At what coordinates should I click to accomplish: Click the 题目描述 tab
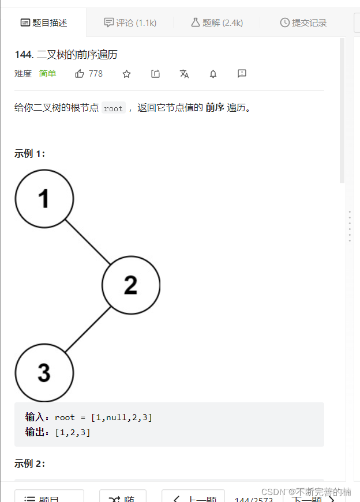tap(44, 23)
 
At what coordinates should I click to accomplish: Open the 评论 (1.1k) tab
tap(130, 23)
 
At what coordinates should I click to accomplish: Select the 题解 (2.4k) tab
tap(217, 23)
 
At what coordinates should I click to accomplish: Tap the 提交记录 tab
tap(303, 23)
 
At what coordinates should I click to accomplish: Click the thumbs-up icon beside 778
tap(80, 74)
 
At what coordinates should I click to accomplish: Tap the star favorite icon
tap(127, 74)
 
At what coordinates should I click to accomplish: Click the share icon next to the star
tap(156, 74)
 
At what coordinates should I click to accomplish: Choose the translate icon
tap(185, 74)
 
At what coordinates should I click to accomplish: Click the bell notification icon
tap(213, 74)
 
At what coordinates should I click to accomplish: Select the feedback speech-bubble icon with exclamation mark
tap(242, 74)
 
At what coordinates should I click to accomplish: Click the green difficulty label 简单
tap(47, 74)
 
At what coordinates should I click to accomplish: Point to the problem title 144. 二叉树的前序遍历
tap(66, 55)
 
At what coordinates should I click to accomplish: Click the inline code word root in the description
tap(113, 108)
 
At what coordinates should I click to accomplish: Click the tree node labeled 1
tap(44, 199)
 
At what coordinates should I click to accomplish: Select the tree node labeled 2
tap(131, 285)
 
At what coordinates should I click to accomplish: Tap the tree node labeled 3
tap(44, 372)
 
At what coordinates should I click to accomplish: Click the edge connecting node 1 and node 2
tap(88, 242)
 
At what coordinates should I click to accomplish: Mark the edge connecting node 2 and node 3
tap(88, 329)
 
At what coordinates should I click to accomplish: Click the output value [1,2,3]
tap(73, 432)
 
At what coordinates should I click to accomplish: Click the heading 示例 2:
tap(30, 464)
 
